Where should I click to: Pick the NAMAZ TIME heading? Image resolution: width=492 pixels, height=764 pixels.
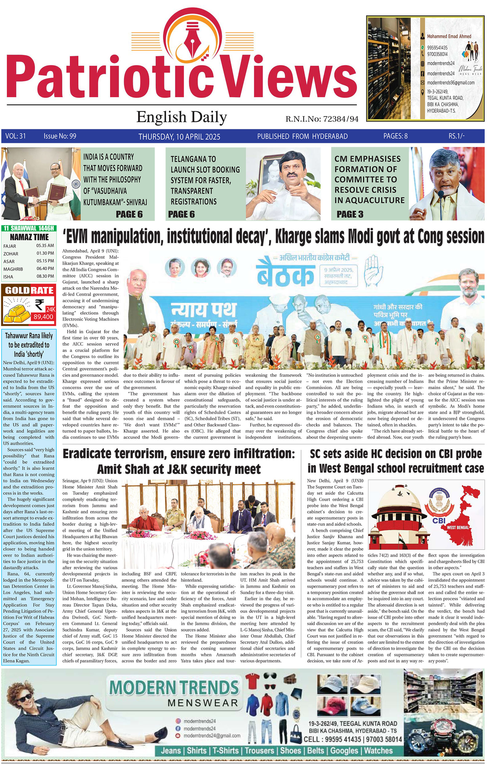30,237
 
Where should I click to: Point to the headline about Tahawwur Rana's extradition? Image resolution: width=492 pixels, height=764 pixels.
29,345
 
